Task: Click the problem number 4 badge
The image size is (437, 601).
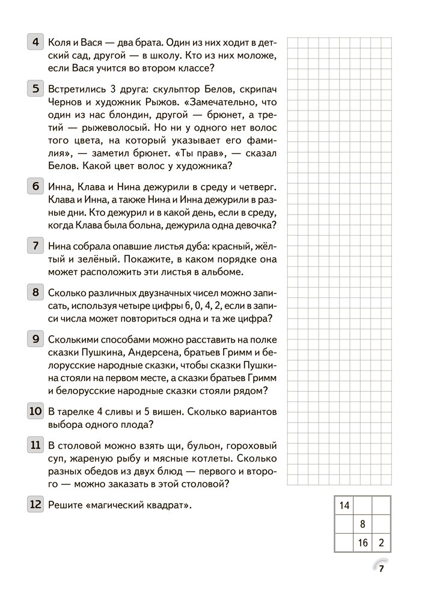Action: [35, 43]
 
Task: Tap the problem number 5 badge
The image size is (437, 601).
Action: [35, 89]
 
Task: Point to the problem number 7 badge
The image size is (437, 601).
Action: [35, 245]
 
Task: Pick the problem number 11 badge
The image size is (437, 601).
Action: [35, 445]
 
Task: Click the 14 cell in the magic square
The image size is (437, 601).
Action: [344, 505]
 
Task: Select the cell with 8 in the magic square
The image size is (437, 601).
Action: [362, 524]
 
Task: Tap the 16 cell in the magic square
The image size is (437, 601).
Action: [362, 543]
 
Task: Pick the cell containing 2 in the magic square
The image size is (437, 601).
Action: [381, 543]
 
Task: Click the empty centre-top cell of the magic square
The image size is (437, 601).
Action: [362, 505]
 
